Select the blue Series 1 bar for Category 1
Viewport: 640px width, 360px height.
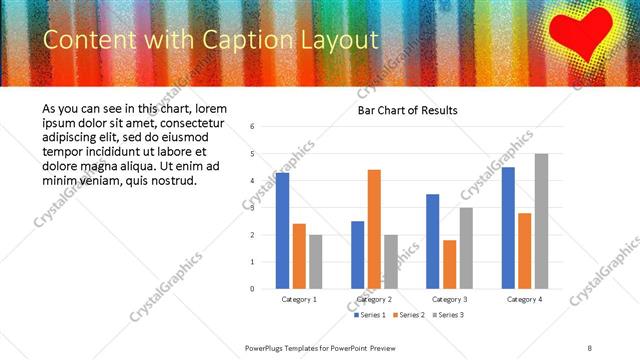[282, 231]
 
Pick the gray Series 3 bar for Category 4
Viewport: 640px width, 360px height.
[541, 221]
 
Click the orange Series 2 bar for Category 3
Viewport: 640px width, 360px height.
[449, 264]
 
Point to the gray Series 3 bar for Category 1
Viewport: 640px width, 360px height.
[316, 262]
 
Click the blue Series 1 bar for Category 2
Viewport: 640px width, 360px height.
[357, 255]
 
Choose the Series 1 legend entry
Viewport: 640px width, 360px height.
[372, 315]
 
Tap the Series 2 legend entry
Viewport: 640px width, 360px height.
[410, 315]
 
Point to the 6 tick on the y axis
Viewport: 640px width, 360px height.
[253, 127]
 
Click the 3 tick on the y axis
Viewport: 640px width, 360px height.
[253, 208]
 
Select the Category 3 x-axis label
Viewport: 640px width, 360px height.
[449, 299]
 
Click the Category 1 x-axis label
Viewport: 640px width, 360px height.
[299, 299]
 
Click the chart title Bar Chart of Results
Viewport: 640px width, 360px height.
[408, 110]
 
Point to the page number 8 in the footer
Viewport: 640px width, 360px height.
[590, 347]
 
